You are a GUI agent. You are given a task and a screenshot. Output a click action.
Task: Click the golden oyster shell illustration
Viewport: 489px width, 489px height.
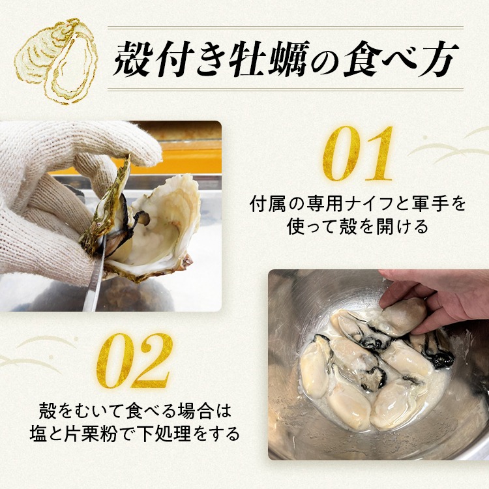56,61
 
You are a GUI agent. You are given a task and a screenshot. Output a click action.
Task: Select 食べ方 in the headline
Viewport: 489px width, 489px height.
401,59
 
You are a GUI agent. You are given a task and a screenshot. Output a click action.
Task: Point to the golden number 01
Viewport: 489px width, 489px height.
358,153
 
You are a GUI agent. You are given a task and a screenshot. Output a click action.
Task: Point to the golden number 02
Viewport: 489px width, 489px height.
135,361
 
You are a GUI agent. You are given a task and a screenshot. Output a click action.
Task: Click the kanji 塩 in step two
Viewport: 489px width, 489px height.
38,434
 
